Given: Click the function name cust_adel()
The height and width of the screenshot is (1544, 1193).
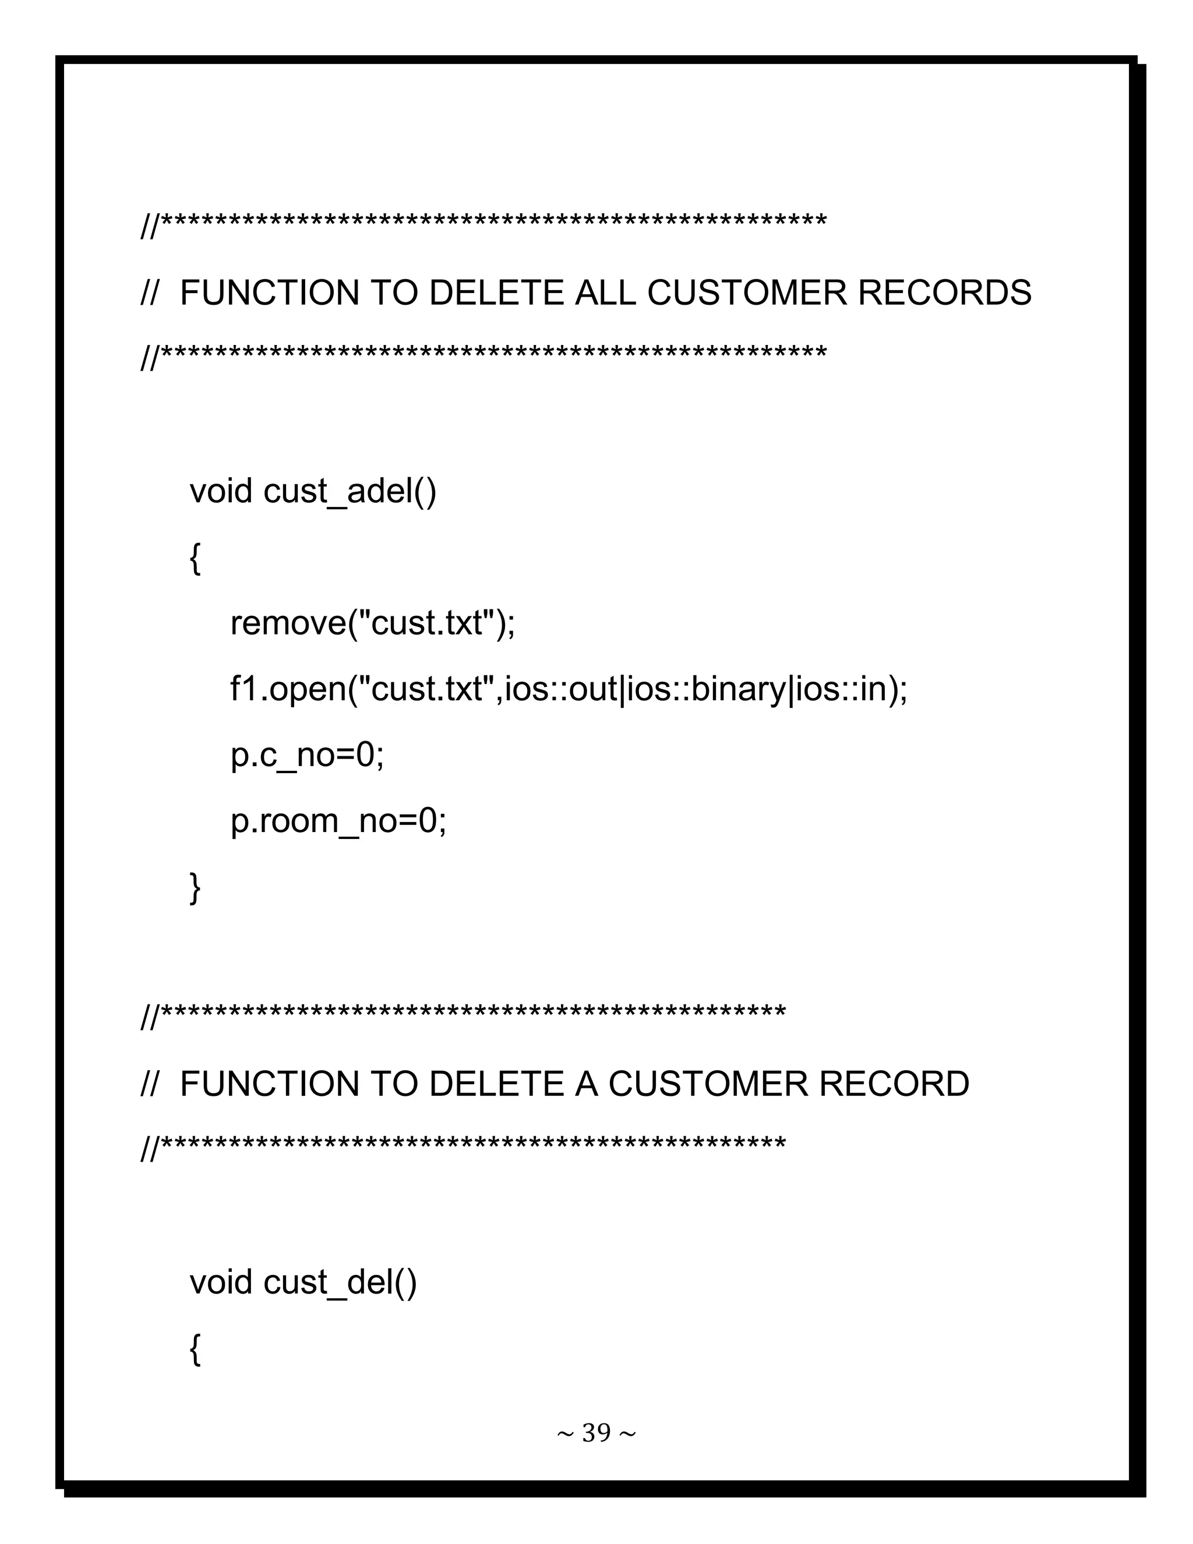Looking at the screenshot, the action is [350, 491].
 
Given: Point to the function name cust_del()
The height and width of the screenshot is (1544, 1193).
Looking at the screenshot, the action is [340, 1282].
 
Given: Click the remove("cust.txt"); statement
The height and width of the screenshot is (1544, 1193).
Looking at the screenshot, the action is [372, 623].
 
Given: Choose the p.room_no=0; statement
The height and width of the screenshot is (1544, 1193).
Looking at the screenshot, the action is [338, 821].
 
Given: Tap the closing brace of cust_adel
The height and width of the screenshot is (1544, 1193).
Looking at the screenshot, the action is [195, 887].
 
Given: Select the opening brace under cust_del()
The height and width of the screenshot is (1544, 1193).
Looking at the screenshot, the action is [195, 1349].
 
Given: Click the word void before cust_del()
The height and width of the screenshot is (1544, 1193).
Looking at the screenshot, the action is [221, 1282].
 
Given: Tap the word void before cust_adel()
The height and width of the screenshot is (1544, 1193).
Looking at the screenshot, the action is [221, 491].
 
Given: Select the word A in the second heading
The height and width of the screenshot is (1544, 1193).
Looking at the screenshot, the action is [586, 1084].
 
